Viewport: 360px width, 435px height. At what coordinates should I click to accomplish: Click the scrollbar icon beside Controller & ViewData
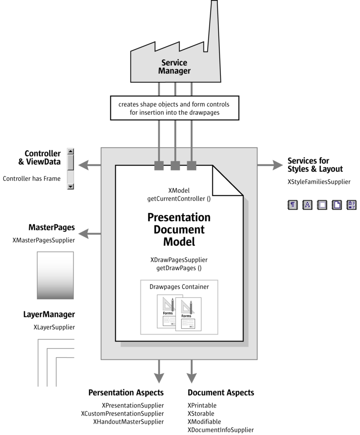(71, 169)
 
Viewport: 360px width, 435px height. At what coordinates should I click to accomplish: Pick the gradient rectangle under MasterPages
(55, 275)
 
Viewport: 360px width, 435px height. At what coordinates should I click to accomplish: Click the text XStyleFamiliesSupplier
(319, 182)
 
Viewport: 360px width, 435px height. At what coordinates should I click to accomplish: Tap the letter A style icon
(307, 205)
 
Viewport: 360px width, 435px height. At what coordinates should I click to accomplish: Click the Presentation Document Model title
(179, 229)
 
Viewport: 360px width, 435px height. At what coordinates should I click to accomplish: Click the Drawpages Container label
(179, 286)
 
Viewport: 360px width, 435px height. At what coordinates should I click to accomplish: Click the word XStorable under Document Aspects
(201, 413)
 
